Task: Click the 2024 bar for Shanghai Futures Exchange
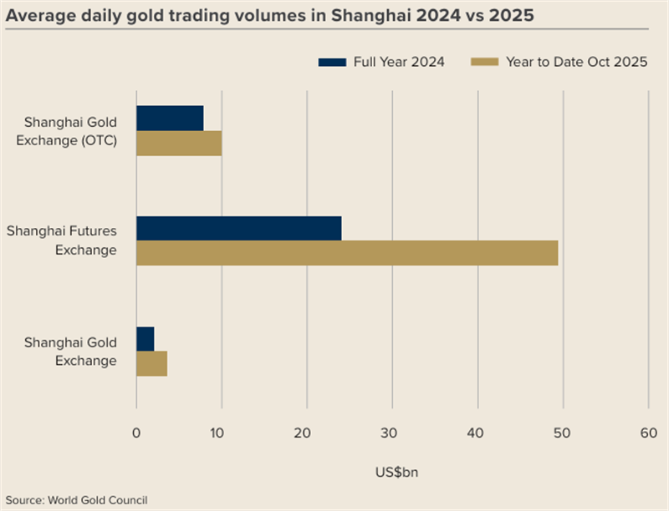point(239,228)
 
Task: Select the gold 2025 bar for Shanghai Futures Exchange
point(347,253)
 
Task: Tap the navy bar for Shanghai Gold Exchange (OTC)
point(170,119)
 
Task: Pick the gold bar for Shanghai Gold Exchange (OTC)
point(179,144)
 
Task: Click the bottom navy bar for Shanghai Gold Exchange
point(146,338)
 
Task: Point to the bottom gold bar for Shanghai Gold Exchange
point(151,364)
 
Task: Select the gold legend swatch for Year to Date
point(485,62)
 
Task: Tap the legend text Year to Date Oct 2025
point(577,62)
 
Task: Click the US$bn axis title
point(391,473)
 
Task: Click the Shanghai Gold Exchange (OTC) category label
point(70,131)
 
